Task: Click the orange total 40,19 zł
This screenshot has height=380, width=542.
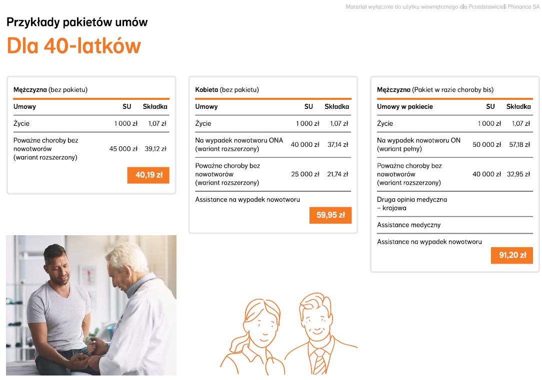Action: tap(148, 175)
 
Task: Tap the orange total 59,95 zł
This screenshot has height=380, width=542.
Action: tap(330, 215)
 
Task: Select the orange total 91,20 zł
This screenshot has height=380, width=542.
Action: tap(512, 255)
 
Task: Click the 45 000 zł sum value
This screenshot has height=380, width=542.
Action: tap(123, 149)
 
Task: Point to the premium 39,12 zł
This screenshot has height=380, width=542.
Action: tap(155, 149)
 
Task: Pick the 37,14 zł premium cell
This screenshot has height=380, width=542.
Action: tap(337, 144)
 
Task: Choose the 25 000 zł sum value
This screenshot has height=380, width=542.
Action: tap(305, 174)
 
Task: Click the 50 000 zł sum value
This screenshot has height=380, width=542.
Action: tap(486, 144)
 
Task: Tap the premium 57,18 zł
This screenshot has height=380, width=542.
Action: tap(519, 144)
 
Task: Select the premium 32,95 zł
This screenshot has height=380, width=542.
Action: tap(519, 174)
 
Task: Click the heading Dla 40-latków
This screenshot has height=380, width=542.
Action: tap(73, 46)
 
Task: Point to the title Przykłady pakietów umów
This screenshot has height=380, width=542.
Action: tap(77, 22)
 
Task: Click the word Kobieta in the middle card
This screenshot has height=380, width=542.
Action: tap(206, 90)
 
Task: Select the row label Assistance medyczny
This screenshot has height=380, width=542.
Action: tap(408, 225)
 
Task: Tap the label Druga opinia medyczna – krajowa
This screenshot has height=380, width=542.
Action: tap(411, 203)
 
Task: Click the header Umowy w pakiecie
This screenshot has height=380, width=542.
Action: tap(404, 106)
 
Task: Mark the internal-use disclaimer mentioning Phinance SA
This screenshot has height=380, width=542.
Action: tap(442, 7)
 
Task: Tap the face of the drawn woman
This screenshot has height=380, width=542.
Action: tap(263, 324)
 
